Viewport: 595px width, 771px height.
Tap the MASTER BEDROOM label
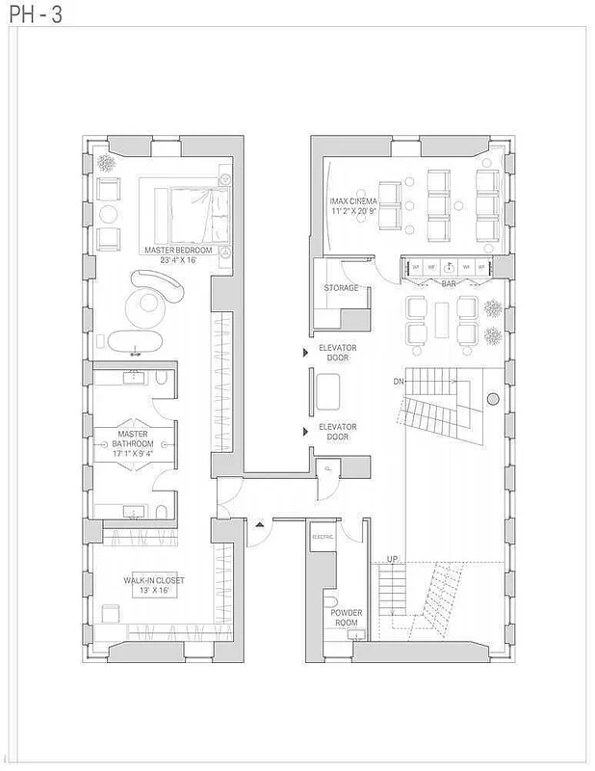click(x=178, y=250)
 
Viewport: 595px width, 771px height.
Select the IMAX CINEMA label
click(x=351, y=201)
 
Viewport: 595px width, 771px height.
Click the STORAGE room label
click(x=341, y=288)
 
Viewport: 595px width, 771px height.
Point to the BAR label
click(x=449, y=284)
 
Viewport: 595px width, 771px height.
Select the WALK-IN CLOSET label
click(x=153, y=581)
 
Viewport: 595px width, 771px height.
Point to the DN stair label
click(x=399, y=382)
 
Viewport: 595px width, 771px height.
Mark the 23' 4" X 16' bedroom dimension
click(x=178, y=259)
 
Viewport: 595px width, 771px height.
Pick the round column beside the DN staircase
click(x=492, y=398)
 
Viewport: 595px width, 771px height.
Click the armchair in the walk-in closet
click(x=110, y=613)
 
